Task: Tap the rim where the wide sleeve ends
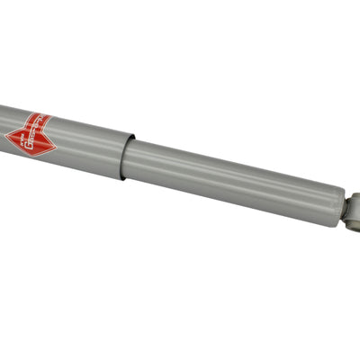click(x=129, y=155)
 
